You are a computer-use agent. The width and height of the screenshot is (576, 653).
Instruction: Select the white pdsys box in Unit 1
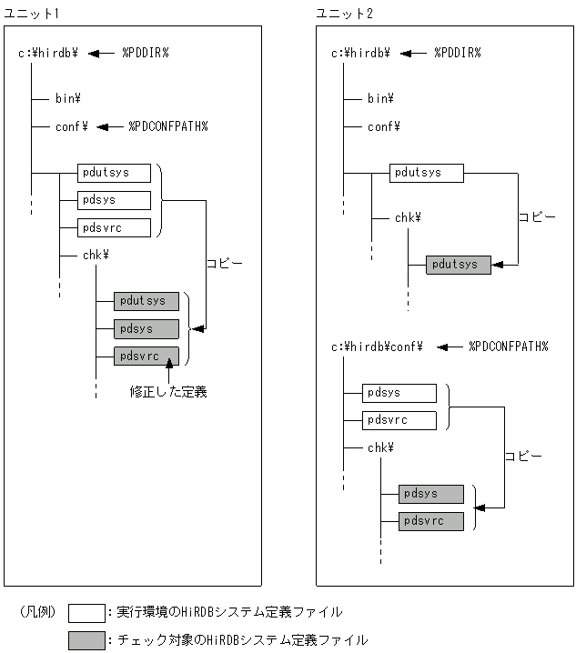[114, 200]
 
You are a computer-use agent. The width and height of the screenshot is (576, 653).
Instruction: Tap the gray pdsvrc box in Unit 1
[147, 357]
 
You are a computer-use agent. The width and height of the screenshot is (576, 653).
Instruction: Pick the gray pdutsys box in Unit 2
[458, 265]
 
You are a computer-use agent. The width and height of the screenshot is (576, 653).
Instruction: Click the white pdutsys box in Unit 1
[114, 172]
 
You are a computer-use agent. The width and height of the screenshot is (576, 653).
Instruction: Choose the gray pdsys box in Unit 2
[431, 494]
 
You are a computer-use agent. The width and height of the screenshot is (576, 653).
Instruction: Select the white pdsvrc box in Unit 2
[399, 420]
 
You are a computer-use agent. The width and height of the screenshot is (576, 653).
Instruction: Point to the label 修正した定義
[168, 393]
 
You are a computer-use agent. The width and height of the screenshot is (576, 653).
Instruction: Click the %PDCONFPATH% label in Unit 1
[167, 126]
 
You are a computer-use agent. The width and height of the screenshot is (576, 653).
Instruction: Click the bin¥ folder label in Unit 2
[380, 98]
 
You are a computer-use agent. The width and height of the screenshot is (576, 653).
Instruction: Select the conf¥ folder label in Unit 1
[71, 126]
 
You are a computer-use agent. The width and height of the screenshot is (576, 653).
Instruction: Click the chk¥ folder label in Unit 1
[96, 256]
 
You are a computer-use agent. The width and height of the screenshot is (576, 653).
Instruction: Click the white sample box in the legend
[86, 612]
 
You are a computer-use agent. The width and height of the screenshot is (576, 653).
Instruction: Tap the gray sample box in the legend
[86, 640]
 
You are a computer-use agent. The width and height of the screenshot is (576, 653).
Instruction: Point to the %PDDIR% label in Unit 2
[457, 53]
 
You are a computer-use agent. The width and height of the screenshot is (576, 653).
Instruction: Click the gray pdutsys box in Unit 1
[147, 301]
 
